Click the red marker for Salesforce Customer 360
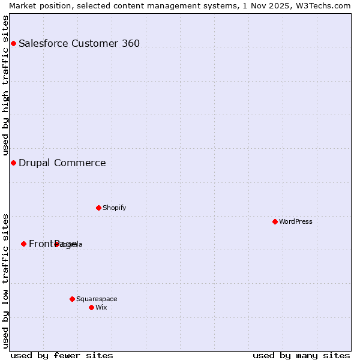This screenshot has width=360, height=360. (x=13, y=43)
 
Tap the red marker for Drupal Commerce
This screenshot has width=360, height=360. (x=13, y=163)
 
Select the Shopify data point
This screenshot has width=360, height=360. (x=98, y=208)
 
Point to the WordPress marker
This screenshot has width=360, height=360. (x=275, y=221)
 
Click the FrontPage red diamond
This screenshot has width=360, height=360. (x=23, y=244)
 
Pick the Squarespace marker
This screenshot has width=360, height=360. (x=72, y=299)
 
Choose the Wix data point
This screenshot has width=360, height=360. (x=91, y=307)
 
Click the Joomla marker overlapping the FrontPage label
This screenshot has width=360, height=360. (x=56, y=244)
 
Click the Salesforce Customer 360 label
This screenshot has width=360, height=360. (x=79, y=43)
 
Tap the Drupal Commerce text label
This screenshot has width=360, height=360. (x=62, y=163)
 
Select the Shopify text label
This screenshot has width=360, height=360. (x=115, y=208)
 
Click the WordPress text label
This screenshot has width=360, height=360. (x=296, y=221)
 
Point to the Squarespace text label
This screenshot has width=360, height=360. (x=97, y=299)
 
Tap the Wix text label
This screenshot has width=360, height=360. (x=101, y=307)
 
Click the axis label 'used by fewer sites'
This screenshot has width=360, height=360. (x=62, y=355)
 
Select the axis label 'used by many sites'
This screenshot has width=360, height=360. (x=301, y=355)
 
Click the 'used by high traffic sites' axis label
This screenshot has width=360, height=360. (x=5, y=86)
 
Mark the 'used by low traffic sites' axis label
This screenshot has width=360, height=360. (x=5, y=280)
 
